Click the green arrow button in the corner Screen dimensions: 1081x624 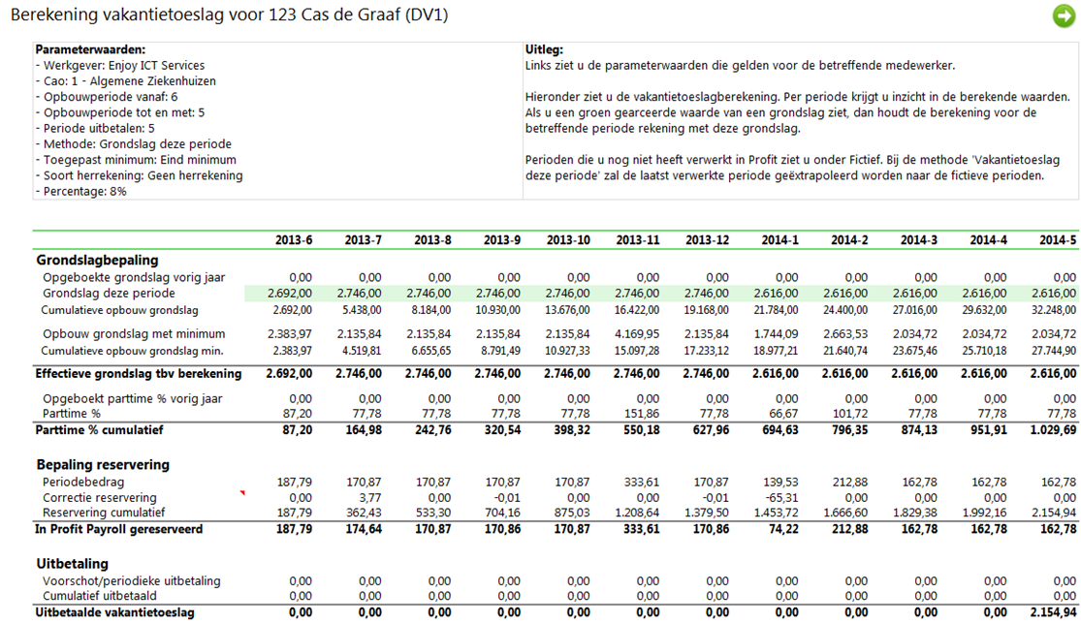click(1064, 16)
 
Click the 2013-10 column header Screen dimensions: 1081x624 click(568, 240)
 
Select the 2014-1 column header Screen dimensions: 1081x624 click(779, 240)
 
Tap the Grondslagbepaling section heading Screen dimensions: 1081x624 click(97, 261)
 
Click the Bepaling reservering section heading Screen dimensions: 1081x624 click(103, 465)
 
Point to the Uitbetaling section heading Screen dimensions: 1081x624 click(73, 564)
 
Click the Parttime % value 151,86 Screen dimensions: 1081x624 click(642, 414)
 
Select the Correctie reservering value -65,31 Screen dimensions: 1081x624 click(782, 498)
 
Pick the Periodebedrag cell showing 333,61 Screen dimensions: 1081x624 click(642, 483)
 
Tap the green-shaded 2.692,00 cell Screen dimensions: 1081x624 click(290, 294)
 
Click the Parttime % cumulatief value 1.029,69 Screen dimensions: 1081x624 click(1054, 430)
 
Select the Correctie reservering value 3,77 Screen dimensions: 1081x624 click(370, 498)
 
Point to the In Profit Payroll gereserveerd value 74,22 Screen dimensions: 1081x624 click(783, 530)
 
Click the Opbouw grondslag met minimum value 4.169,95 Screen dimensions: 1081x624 click(637, 334)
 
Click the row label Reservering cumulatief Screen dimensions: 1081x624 click(104, 513)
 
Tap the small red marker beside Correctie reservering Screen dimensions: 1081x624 click(242, 492)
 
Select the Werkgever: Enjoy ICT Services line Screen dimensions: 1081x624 click(120, 66)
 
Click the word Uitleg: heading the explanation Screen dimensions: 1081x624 click(544, 49)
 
